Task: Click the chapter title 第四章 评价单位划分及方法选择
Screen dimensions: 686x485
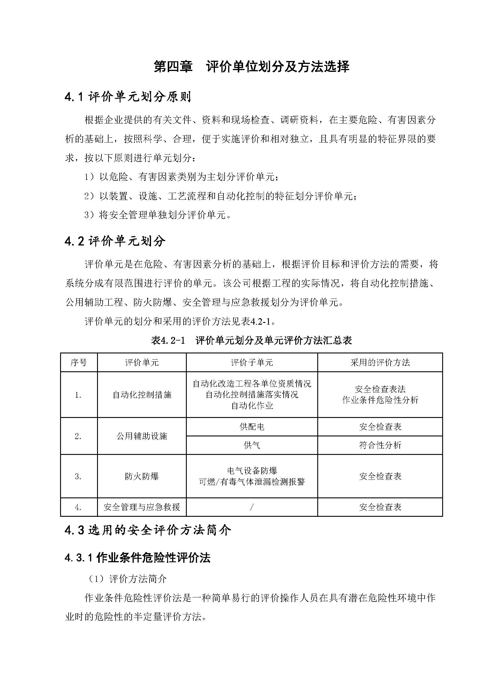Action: pyautogui.click(x=251, y=67)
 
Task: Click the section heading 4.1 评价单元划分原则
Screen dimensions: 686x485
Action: pyautogui.click(x=128, y=97)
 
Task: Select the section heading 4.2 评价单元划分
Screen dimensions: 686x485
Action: pyautogui.click(x=115, y=241)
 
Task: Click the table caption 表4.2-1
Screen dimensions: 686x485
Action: pyautogui.click(x=251, y=341)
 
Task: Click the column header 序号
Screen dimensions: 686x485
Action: pyautogui.click(x=79, y=363)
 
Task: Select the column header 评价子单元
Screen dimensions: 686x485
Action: pyautogui.click(x=252, y=363)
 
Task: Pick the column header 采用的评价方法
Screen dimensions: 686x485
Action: pyautogui.click(x=380, y=363)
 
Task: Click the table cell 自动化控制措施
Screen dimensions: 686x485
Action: pyautogui.click(x=142, y=395)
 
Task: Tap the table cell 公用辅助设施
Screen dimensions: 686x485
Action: pyautogui.click(x=142, y=436)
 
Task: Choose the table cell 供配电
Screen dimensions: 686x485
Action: pyautogui.click(x=252, y=427)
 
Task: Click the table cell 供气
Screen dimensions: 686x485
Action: pyautogui.click(x=252, y=445)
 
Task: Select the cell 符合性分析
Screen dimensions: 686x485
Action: pyautogui.click(x=380, y=445)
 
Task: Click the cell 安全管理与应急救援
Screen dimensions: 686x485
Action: pyautogui.click(x=142, y=507)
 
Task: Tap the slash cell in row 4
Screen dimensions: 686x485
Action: pyautogui.click(x=252, y=507)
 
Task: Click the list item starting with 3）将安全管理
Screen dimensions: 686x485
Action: pyautogui.click(x=158, y=215)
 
